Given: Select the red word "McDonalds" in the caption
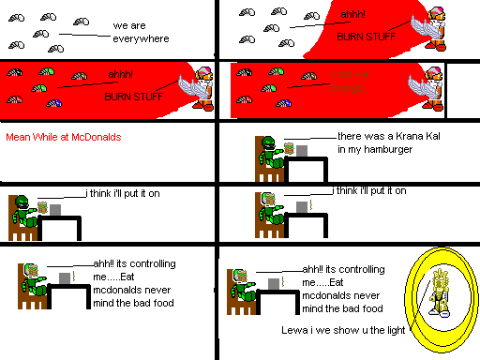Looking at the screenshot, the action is [98, 136].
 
